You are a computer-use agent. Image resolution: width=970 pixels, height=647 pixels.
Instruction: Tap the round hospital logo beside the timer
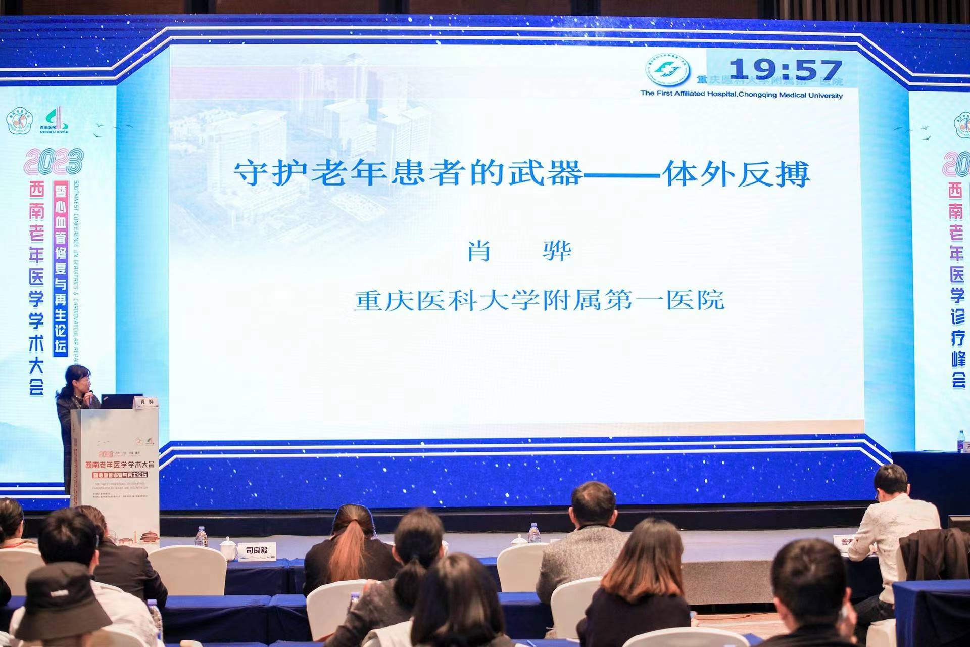(x=668, y=71)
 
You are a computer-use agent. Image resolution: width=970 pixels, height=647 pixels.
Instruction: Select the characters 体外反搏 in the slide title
(x=737, y=174)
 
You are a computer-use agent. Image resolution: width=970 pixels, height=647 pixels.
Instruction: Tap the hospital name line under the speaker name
(x=539, y=300)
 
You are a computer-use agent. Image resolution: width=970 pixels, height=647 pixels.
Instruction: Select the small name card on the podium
(x=145, y=403)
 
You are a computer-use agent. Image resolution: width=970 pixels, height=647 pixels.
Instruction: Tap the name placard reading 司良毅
(x=257, y=550)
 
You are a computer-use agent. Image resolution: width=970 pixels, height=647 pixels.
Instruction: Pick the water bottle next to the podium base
(x=201, y=537)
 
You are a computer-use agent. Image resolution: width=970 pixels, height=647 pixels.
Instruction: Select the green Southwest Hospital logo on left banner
(x=55, y=120)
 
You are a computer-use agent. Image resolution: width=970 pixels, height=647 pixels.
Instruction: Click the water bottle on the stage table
(x=534, y=533)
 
